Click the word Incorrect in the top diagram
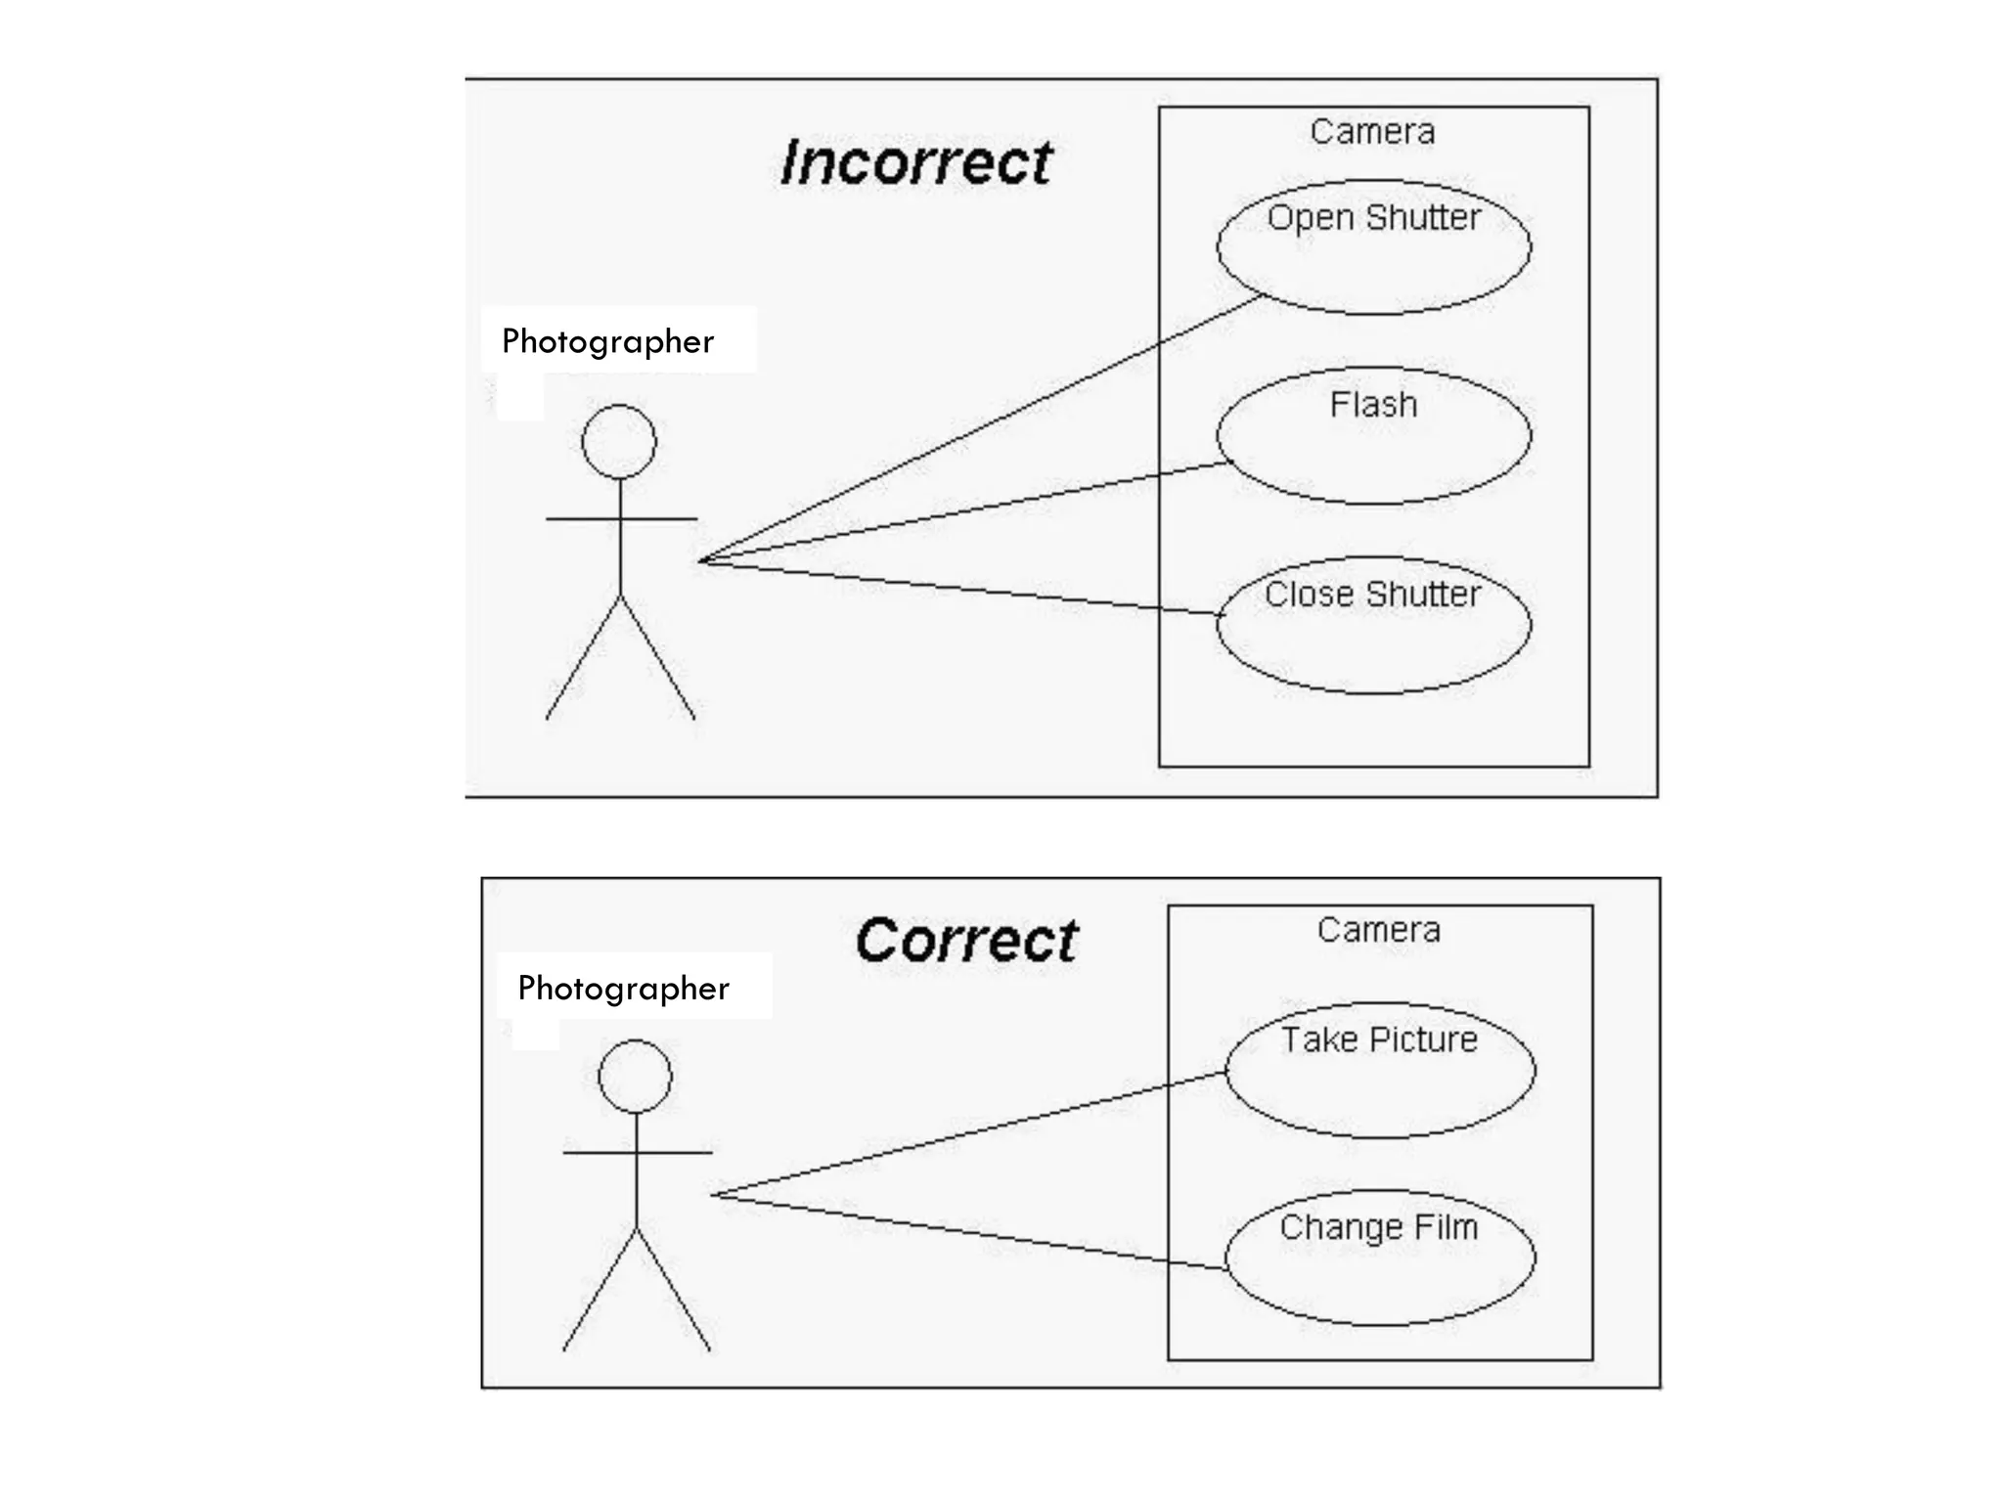(x=916, y=162)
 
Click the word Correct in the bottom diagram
(x=966, y=941)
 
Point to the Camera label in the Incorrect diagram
(x=1372, y=132)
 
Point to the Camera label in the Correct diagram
(x=1378, y=930)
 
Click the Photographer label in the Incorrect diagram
(x=607, y=341)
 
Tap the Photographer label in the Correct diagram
(x=623, y=988)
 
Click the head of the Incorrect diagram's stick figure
(x=619, y=441)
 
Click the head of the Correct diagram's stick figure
(x=636, y=1076)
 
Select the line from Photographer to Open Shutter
(x=978, y=430)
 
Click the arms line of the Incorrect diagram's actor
(x=587, y=518)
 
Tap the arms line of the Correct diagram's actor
(x=601, y=1153)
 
